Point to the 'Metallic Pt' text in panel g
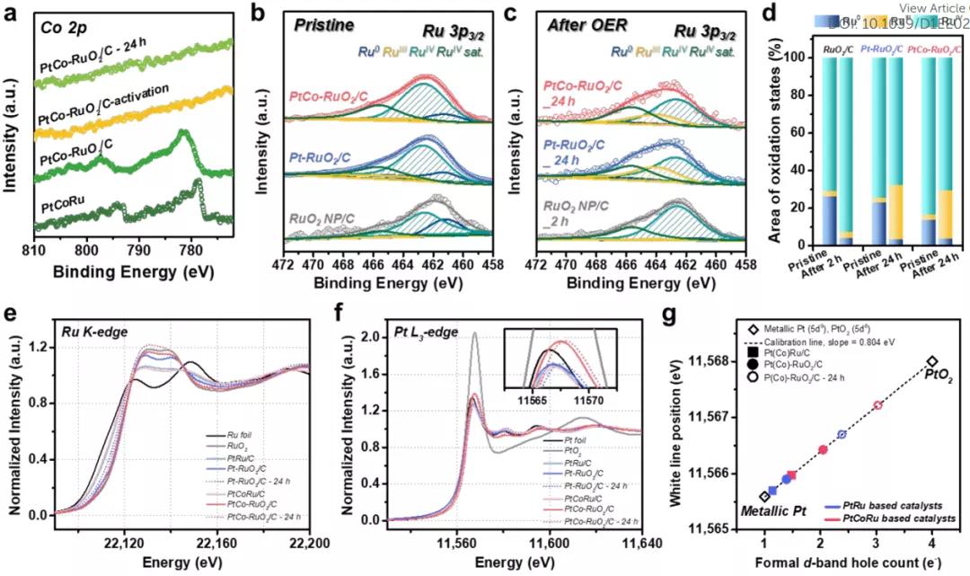point(772,511)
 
